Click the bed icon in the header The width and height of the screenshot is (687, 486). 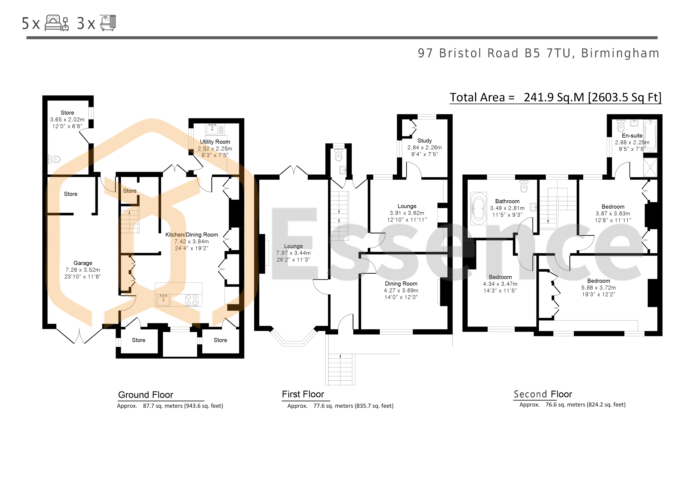click(57, 23)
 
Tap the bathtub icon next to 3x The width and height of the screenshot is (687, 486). click(108, 23)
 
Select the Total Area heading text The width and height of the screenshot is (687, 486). click(556, 97)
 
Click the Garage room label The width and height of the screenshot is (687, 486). click(83, 263)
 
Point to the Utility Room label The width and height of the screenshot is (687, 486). click(215, 142)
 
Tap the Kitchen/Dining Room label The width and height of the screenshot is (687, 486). click(191, 235)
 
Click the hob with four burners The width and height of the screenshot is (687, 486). click(191, 300)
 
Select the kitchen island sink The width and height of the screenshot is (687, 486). click(163, 300)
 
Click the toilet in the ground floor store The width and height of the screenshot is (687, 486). click(54, 159)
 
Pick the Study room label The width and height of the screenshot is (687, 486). click(425, 140)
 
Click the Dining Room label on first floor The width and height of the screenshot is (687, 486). click(401, 284)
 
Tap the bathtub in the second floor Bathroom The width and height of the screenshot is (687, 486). click(478, 208)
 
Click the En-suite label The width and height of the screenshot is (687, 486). click(632, 136)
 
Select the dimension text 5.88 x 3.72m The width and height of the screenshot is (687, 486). click(598, 288)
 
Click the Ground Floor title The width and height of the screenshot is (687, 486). click(146, 395)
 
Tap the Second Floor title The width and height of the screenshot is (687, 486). click(543, 394)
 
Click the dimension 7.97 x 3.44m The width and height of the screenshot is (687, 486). click(293, 253)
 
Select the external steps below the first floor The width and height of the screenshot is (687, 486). click(340, 369)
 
